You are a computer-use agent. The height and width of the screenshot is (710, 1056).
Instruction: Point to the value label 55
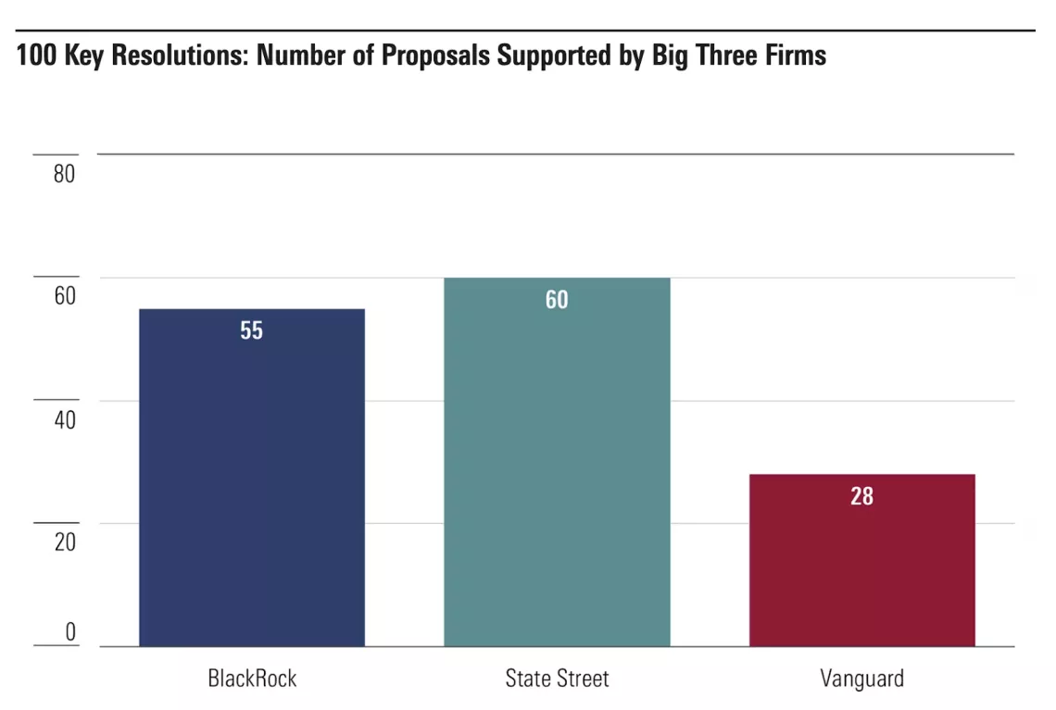click(251, 330)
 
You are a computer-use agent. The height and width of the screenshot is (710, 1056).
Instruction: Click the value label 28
click(861, 496)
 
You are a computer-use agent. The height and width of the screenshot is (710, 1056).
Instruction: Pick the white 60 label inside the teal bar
click(557, 300)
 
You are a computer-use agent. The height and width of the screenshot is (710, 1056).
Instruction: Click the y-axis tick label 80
click(64, 174)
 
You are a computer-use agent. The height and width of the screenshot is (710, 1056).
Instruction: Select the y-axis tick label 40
click(64, 419)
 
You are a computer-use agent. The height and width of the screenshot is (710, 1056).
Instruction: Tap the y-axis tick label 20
click(64, 542)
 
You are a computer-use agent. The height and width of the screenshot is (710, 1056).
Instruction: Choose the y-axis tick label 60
click(64, 296)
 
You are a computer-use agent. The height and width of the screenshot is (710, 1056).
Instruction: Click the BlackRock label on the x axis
click(252, 679)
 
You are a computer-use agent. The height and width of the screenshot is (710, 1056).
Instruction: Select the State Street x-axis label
click(557, 679)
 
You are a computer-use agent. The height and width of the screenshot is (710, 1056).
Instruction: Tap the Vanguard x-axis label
click(861, 679)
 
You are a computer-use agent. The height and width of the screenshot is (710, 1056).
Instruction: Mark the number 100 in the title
click(33, 56)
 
